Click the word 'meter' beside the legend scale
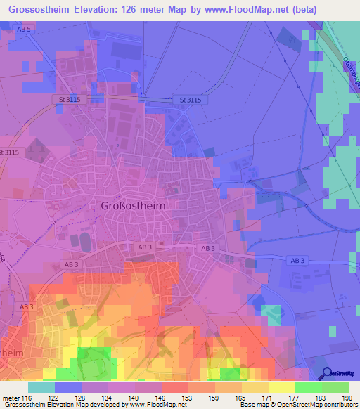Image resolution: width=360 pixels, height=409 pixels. pos(10,397)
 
